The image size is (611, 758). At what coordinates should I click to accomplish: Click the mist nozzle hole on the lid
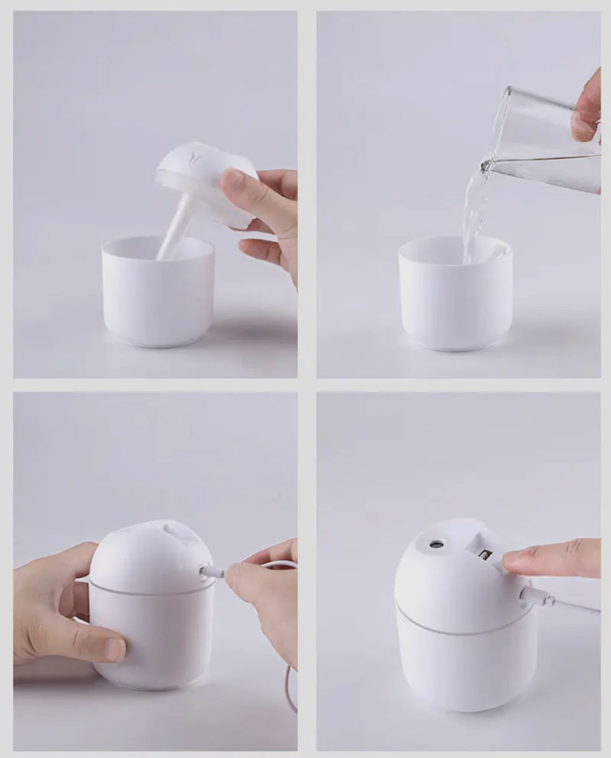[437, 545]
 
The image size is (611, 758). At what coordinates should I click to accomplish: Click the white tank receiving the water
[455, 299]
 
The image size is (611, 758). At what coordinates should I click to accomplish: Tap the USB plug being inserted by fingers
[213, 572]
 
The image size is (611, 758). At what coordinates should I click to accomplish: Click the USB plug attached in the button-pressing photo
[535, 597]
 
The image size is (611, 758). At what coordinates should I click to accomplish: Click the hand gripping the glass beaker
[587, 108]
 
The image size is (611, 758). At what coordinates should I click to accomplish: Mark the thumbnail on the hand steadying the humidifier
[115, 649]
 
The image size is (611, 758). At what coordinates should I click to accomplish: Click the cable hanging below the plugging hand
[290, 688]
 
